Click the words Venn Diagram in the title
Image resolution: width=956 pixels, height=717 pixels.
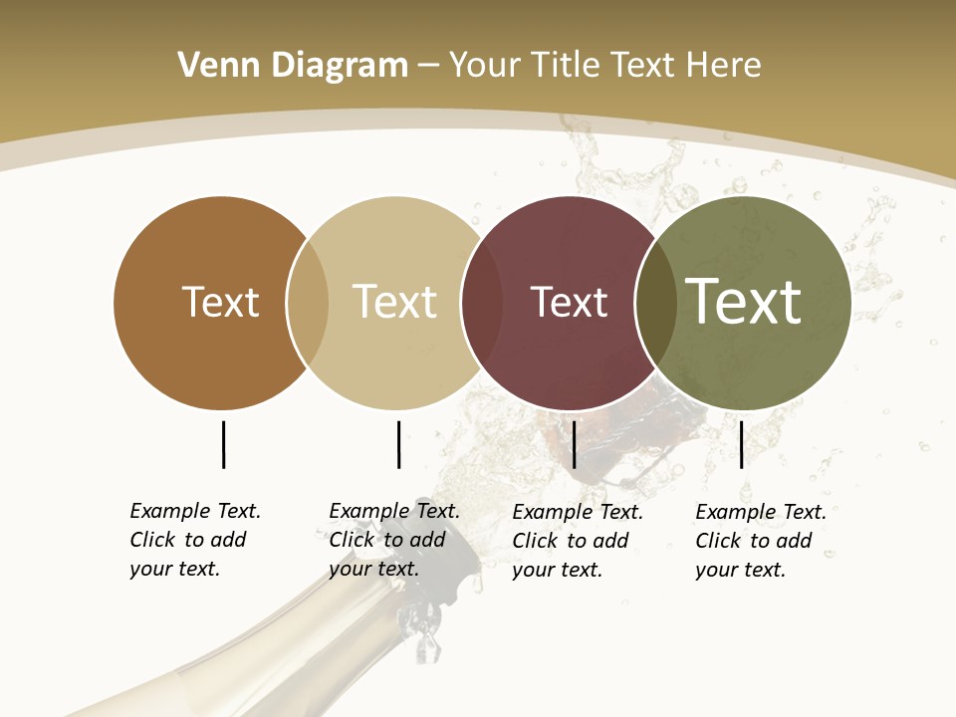(293, 66)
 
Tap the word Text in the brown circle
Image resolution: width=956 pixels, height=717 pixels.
(220, 302)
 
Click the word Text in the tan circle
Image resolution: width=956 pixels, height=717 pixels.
(394, 302)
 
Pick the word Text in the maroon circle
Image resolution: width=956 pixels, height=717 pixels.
(569, 302)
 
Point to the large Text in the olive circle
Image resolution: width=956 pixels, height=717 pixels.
(744, 301)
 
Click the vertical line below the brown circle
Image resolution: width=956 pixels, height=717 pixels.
(223, 444)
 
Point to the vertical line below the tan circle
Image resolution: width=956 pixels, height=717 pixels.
(398, 444)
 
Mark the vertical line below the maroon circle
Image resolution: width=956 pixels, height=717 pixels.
(575, 444)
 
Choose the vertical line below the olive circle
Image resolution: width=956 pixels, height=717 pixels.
(741, 444)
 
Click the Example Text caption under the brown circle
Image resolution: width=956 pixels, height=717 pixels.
(195, 540)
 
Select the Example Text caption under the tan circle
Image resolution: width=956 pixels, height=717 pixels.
(394, 540)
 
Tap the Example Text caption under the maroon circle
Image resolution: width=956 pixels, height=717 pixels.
(578, 541)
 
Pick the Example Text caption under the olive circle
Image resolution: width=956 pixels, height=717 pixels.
(761, 541)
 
